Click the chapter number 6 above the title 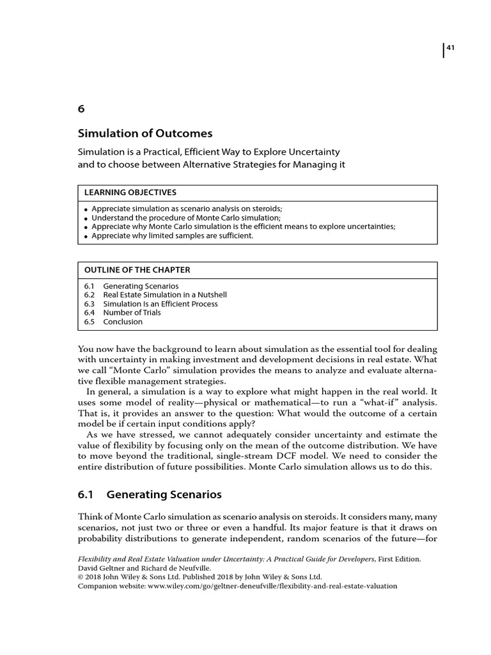81,109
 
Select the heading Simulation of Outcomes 144,134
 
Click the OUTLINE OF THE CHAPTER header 137,269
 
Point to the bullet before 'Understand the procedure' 86,218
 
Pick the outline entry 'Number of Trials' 132,313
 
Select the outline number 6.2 90,295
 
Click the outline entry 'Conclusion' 123,322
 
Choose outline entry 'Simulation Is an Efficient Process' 160,304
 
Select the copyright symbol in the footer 81,577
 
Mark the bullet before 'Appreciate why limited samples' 86,236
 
